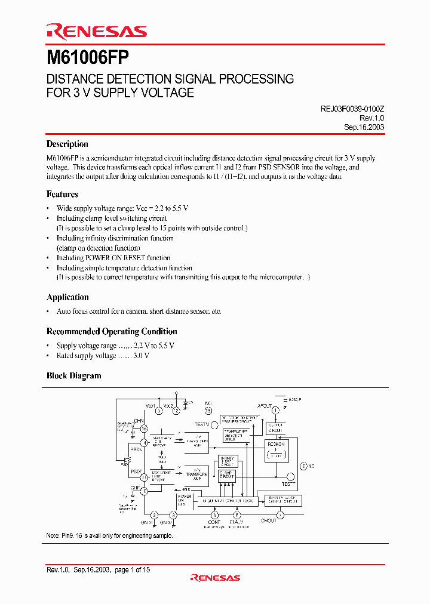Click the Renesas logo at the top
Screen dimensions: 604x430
[96, 31]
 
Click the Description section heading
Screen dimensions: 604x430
[67, 144]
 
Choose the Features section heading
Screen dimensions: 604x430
[62, 194]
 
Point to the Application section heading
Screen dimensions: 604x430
[67, 297]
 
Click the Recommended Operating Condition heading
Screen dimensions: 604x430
[112, 331]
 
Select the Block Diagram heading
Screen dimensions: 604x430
[73, 376]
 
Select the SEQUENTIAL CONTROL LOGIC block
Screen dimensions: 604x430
[229, 500]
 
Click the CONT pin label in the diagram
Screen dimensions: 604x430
[214, 522]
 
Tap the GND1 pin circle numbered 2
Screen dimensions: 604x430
[154, 514]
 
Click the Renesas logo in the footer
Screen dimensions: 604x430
[215, 578]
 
